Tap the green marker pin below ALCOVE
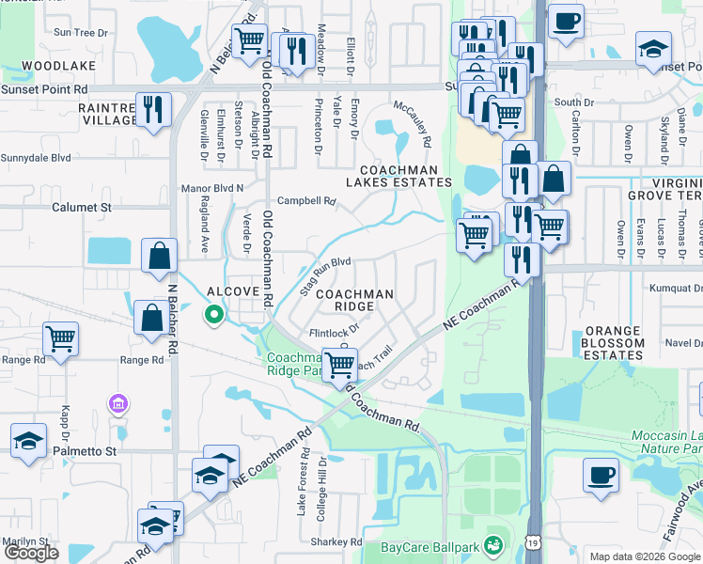[214, 315]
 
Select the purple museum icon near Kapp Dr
[118, 404]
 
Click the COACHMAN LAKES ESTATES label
[398, 176]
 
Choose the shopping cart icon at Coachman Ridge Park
[339, 364]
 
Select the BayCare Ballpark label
[430, 546]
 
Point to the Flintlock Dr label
[335, 332]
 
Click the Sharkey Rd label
[336, 542]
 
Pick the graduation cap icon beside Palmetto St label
[28, 440]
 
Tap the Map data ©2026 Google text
[645, 556]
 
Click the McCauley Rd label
[412, 124]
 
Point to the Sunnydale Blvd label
[36, 159]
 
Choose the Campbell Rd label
[306, 201]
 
